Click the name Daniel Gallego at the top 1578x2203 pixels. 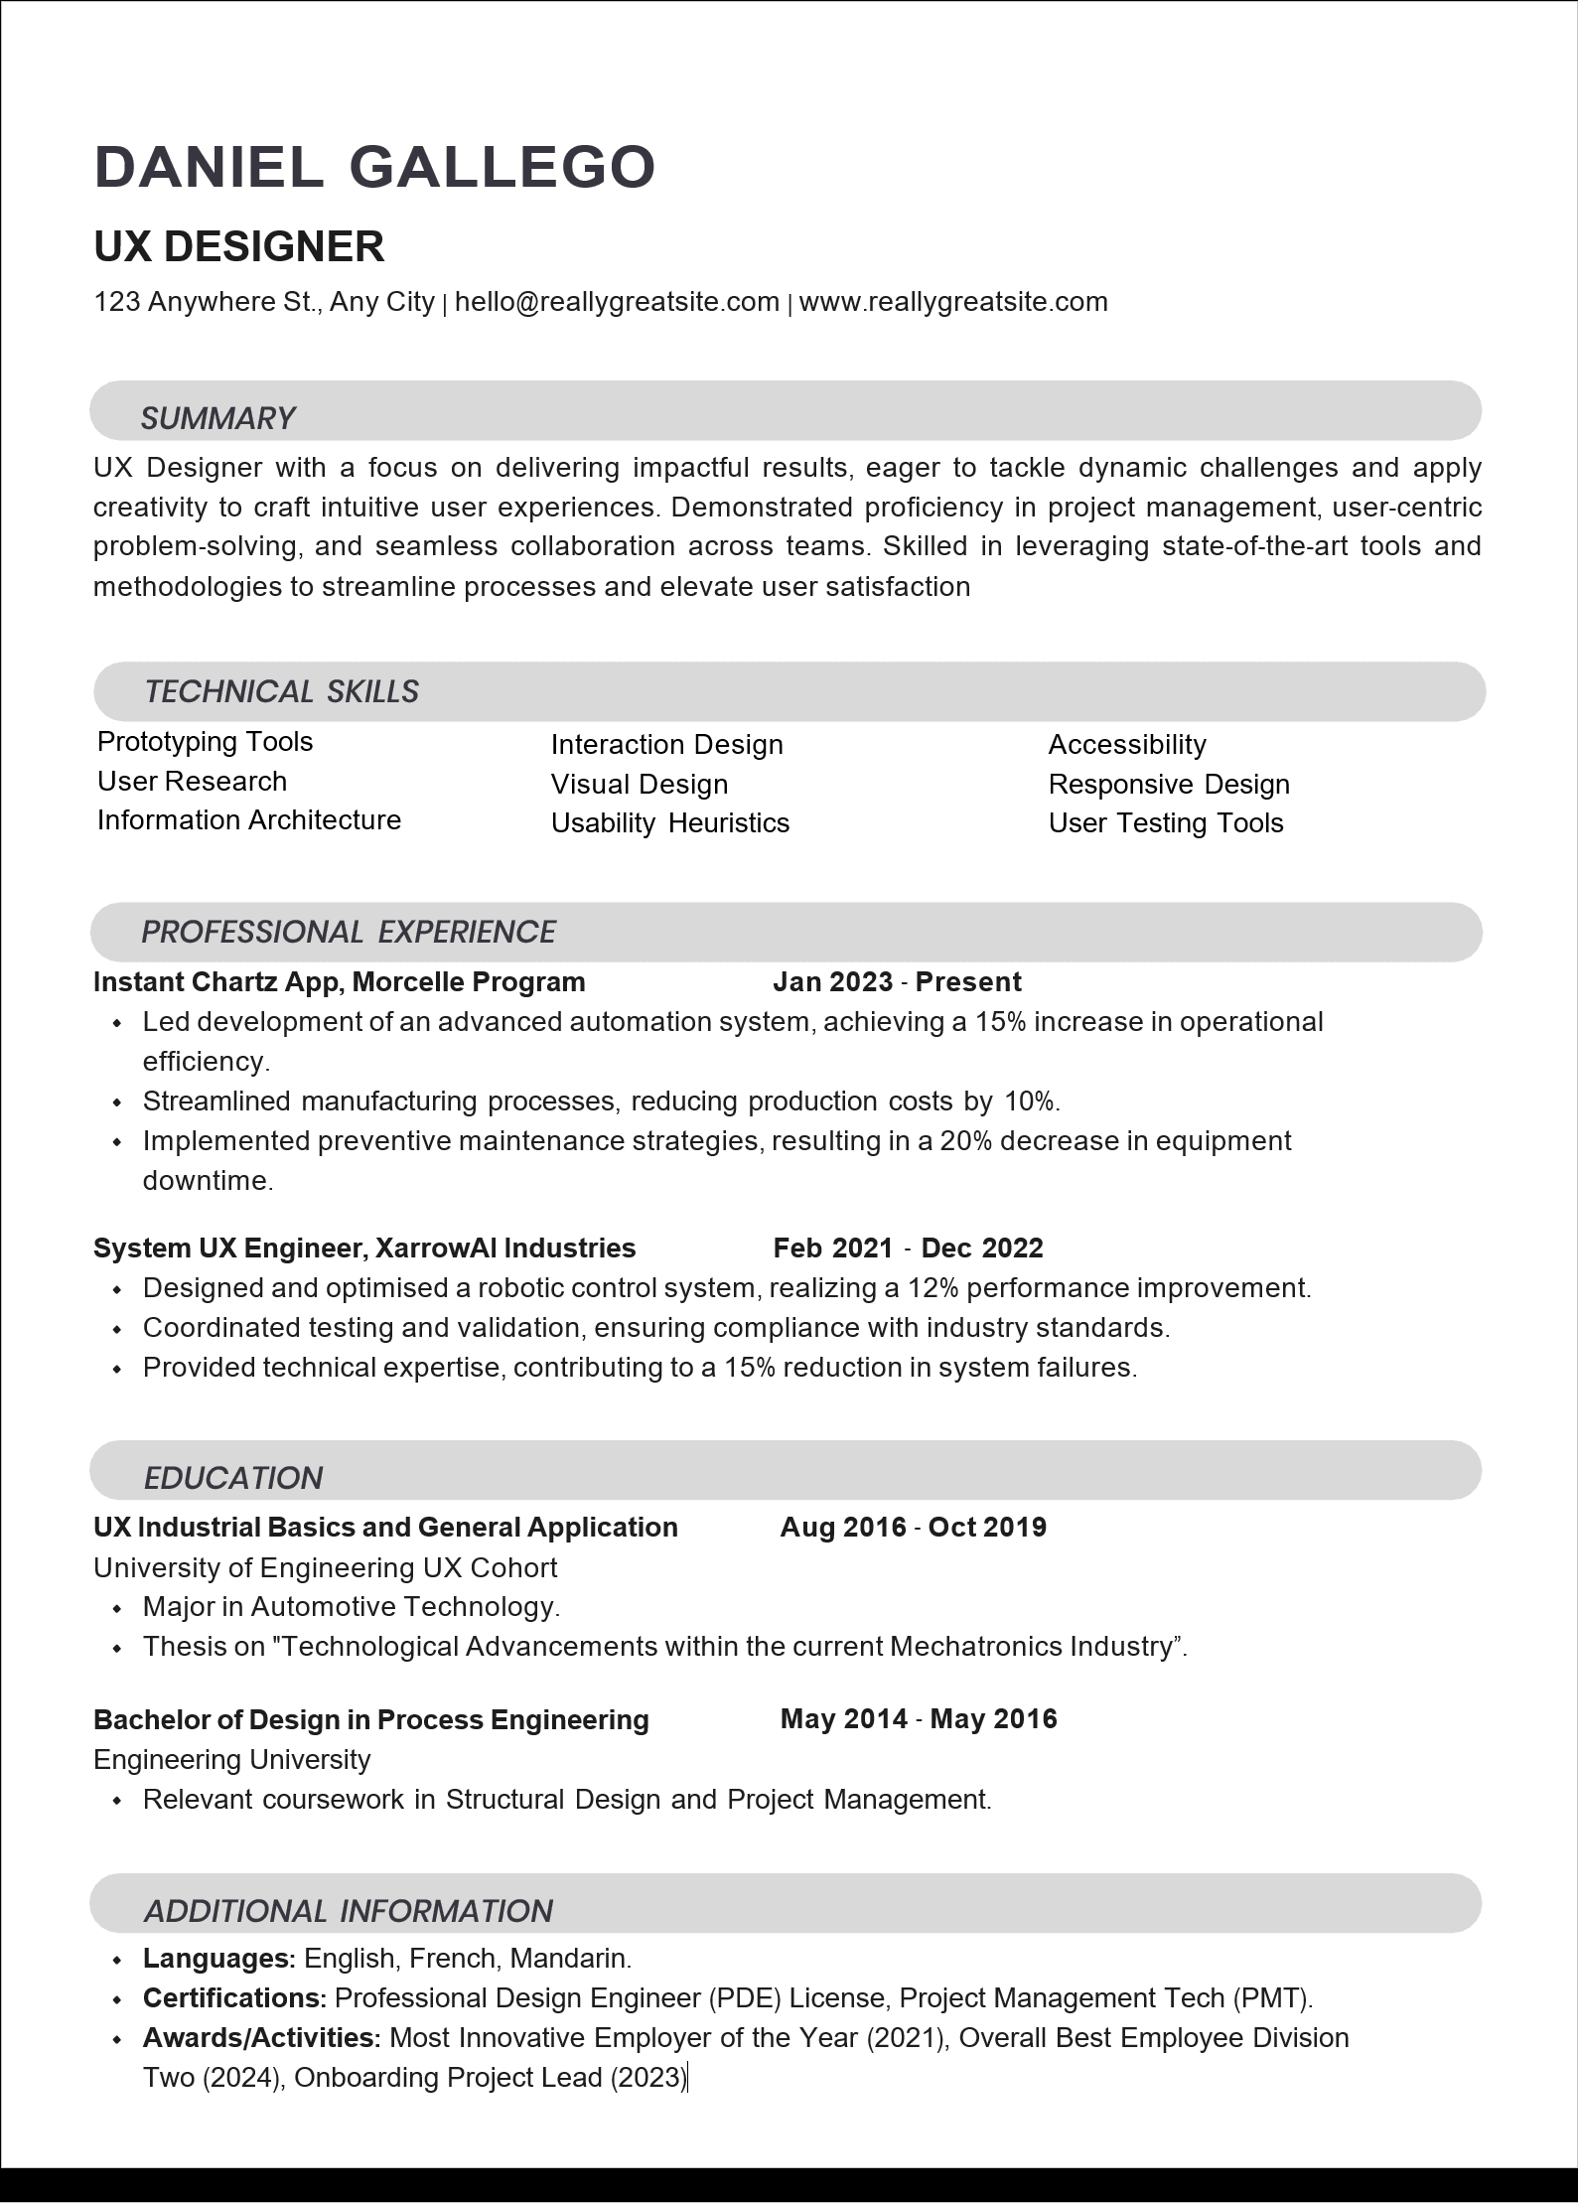(374, 166)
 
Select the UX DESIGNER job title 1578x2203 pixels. (238, 246)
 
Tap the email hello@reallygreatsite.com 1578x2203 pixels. (617, 302)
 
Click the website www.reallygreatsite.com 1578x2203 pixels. (953, 302)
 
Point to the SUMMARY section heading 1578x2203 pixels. (217, 418)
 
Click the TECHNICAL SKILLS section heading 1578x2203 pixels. (281, 691)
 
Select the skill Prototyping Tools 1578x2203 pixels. (205, 742)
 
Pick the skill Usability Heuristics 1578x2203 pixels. (670, 823)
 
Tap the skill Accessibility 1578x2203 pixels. (1127, 745)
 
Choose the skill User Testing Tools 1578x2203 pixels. (1166, 823)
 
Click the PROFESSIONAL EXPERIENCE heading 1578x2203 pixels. (348, 932)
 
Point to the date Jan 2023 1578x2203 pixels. (832, 982)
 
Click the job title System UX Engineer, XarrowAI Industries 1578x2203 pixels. (364, 1248)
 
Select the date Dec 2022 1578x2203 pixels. (982, 1248)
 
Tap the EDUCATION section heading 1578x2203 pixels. (233, 1478)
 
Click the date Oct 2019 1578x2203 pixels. (987, 1528)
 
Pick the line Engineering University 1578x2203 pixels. (231, 1759)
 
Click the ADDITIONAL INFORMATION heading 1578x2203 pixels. (348, 1911)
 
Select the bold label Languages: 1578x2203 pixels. (219, 1959)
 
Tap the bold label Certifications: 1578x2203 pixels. (235, 1998)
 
